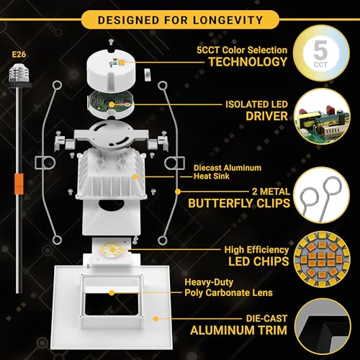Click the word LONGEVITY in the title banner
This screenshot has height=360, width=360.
tap(228, 20)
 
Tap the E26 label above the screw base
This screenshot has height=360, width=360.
tap(19, 55)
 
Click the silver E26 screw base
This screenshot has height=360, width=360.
tap(19, 74)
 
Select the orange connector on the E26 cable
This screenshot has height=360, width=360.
tap(19, 184)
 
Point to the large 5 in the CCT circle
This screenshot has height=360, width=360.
tap(320, 50)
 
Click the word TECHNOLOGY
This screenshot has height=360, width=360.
tap(248, 62)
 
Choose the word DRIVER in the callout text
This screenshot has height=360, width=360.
tap(266, 116)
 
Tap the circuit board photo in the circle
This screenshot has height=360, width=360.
tap(322, 117)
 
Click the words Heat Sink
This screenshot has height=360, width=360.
tap(212, 176)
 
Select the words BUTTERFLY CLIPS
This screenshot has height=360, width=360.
tap(239, 203)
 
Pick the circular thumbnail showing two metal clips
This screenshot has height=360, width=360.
tap(322, 195)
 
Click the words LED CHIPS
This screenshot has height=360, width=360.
tap(258, 261)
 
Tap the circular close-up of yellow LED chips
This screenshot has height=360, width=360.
tap(322, 259)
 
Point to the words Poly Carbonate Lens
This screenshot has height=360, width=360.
tap(228, 292)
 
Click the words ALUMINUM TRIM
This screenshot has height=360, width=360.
tap(238, 330)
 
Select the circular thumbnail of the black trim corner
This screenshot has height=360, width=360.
tap(323, 327)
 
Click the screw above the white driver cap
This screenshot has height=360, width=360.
tap(111, 42)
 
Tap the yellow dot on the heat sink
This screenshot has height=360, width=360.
tap(135, 177)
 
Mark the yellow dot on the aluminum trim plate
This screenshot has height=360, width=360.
tap(156, 319)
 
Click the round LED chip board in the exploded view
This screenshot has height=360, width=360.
tap(112, 250)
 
